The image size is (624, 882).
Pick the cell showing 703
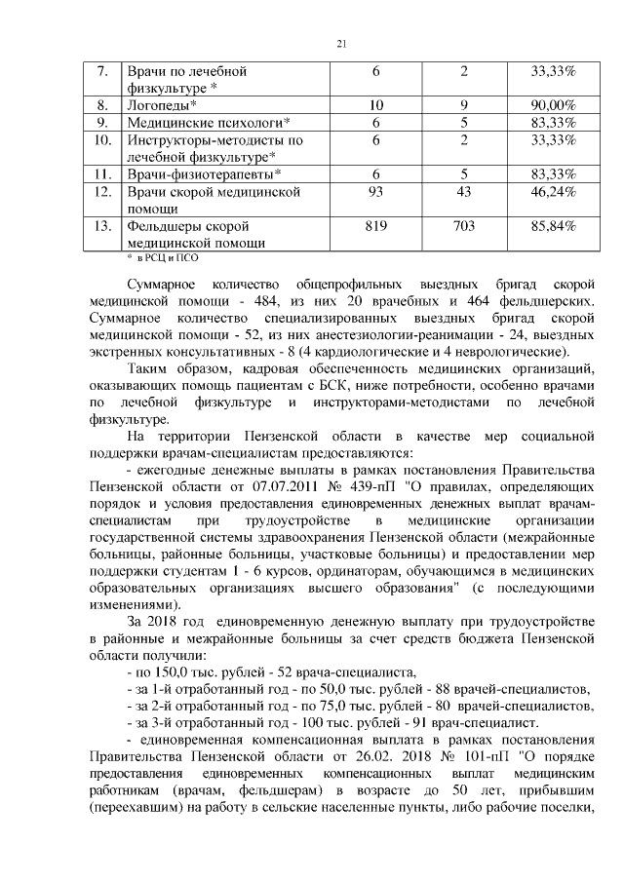tap(464, 227)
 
